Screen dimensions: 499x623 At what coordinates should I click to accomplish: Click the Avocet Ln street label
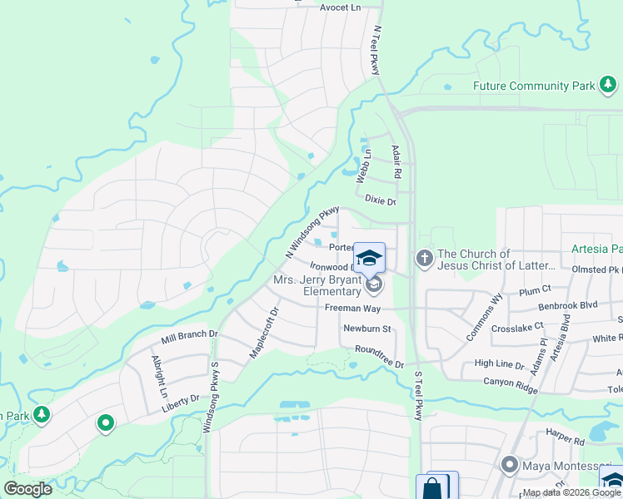[341, 7]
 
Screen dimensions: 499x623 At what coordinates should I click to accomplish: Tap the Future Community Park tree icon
[609, 85]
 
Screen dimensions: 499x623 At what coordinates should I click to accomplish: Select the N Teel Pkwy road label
[376, 41]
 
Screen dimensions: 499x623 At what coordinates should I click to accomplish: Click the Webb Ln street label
[363, 169]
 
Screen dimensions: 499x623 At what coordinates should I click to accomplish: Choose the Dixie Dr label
[380, 200]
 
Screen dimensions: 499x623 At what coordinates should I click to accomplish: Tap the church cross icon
[425, 259]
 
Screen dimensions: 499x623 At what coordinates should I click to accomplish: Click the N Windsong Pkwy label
[312, 231]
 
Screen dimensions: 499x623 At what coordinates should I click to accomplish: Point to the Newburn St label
[367, 329]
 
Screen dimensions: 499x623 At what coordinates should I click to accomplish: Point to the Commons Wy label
[473, 309]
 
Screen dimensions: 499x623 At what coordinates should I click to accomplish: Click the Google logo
[27, 489]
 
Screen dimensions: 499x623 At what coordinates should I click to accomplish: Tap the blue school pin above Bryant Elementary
[370, 257]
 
